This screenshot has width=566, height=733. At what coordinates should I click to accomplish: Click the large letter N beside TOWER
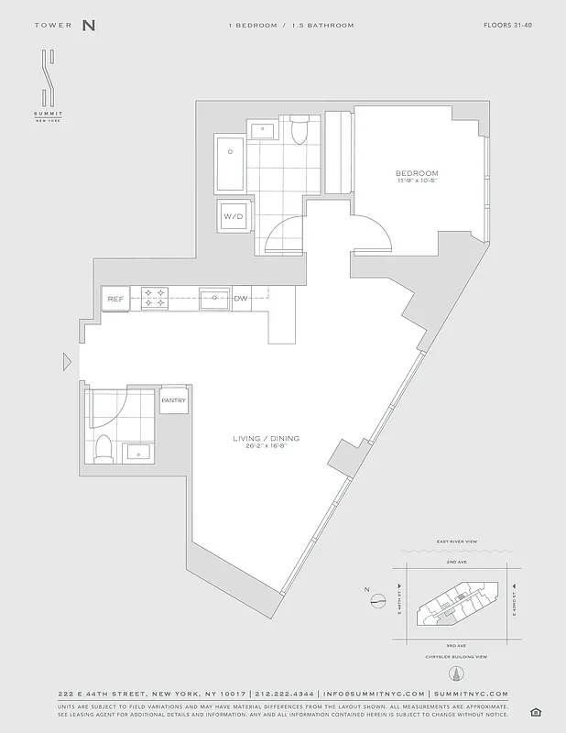[89, 26]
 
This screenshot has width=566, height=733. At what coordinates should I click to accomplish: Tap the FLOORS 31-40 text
[507, 26]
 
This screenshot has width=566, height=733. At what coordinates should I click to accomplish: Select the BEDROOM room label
[417, 173]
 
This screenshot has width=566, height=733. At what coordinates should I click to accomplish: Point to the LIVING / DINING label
[266, 439]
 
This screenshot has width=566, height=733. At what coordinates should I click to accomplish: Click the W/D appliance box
[232, 217]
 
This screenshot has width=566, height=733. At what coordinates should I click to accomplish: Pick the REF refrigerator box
[115, 299]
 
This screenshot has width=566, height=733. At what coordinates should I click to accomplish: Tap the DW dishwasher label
[241, 299]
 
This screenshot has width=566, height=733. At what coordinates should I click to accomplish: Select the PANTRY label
[173, 400]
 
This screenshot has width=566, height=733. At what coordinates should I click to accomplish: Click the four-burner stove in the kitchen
[154, 298]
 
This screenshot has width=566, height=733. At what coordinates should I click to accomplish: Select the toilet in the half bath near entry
[103, 448]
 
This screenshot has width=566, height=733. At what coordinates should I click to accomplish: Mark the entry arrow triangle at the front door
[67, 362]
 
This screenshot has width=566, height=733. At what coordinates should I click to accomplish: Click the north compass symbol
[377, 601]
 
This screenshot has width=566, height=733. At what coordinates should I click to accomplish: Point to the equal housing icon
[536, 712]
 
